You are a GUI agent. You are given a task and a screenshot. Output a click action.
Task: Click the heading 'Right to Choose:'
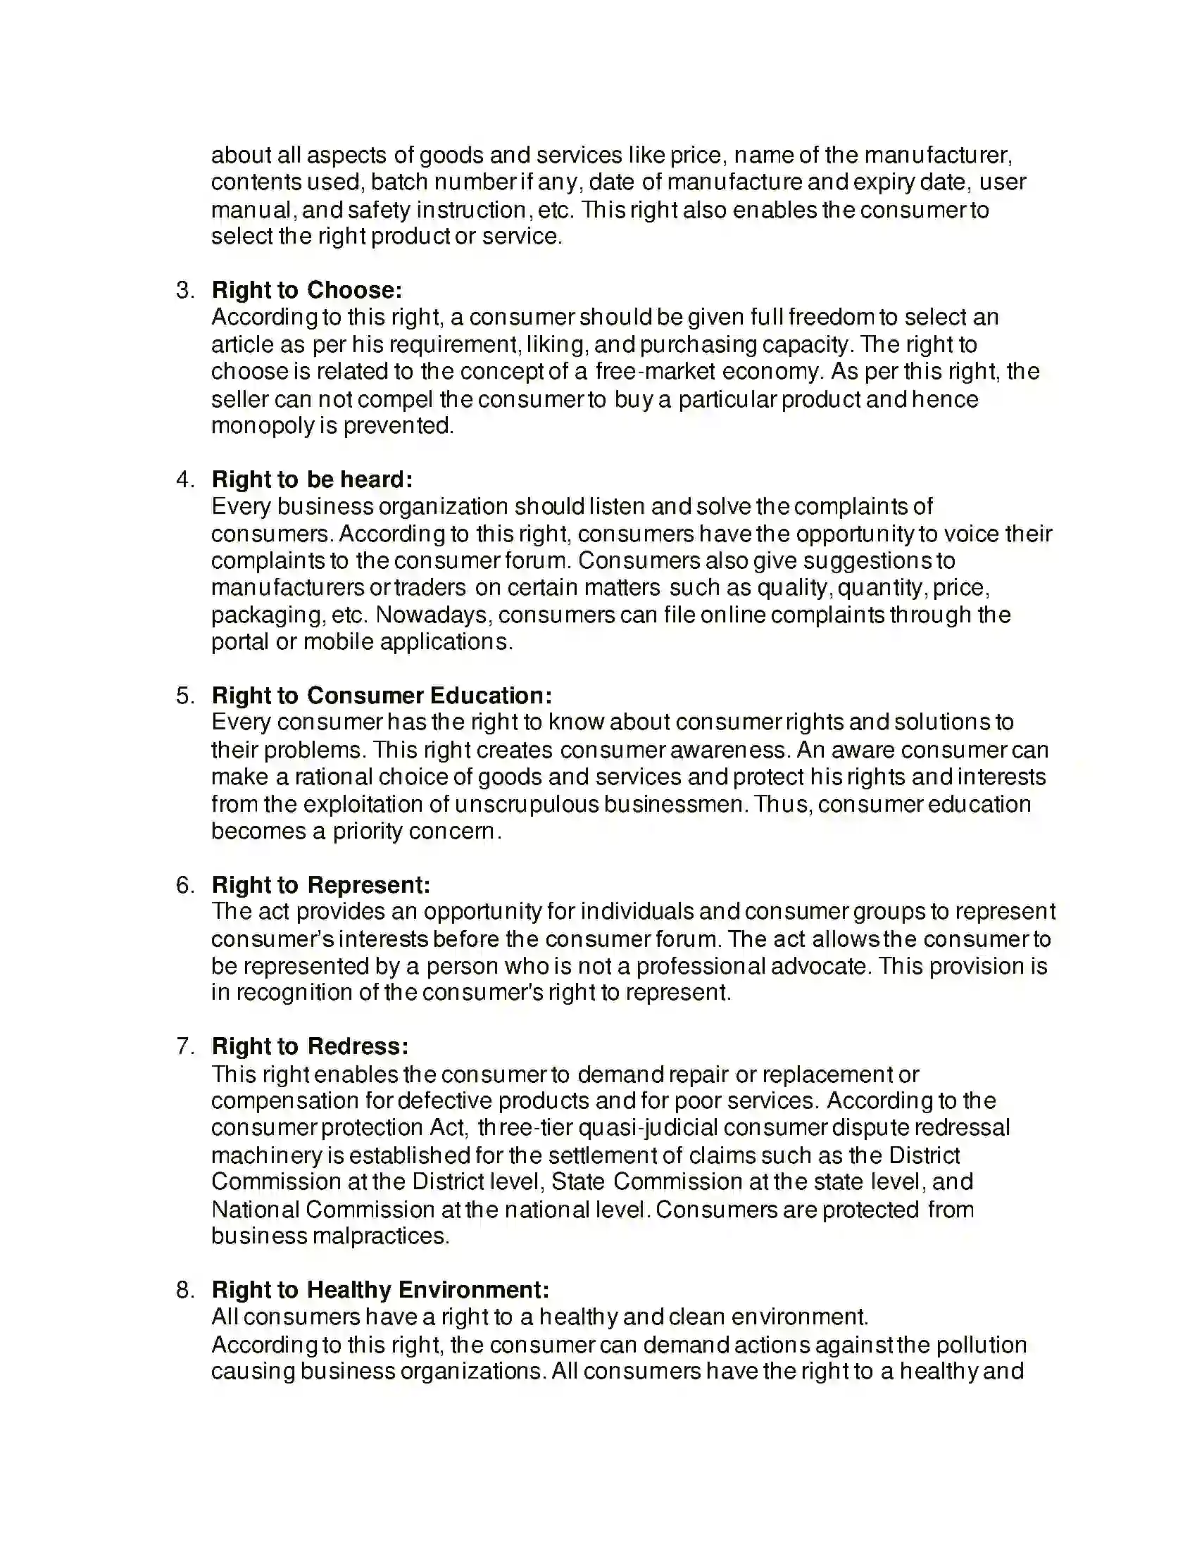pos(306,290)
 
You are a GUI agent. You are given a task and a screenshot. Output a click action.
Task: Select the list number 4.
pos(184,479)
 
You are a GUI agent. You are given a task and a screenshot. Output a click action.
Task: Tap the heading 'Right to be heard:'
pos(311,479)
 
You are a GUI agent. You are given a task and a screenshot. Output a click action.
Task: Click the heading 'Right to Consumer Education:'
pos(382,695)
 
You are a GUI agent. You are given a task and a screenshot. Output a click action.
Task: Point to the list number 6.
pos(184,885)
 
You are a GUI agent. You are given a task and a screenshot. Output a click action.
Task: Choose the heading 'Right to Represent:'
pos(320,885)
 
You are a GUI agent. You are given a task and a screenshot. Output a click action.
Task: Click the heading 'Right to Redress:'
pos(310,1046)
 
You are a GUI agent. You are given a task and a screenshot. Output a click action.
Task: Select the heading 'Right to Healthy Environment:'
pos(380,1289)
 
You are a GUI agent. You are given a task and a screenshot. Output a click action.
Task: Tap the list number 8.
pos(184,1289)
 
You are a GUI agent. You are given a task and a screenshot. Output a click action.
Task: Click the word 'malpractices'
pos(380,1236)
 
